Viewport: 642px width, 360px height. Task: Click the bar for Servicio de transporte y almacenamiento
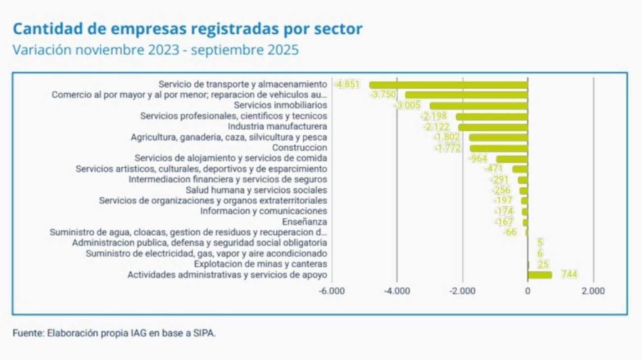(448, 84)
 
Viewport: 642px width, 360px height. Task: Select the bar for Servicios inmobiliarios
(479, 106)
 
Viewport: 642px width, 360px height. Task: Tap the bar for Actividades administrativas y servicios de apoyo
(540, 274)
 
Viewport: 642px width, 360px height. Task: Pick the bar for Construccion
(499, 148)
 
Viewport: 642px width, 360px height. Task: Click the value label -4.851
(347, 84)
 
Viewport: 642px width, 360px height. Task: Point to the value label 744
(569, 274)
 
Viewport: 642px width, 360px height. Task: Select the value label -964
(477, 158)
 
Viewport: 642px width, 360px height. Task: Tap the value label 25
(543, 264)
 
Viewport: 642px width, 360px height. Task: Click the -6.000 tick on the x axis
(332, 292)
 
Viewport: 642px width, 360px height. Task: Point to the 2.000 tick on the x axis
(593, 292)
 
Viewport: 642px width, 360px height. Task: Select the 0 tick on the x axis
(528, 292)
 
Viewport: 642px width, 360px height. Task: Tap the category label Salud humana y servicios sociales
(256, 190)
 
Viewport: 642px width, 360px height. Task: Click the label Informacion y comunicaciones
(263, 211)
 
